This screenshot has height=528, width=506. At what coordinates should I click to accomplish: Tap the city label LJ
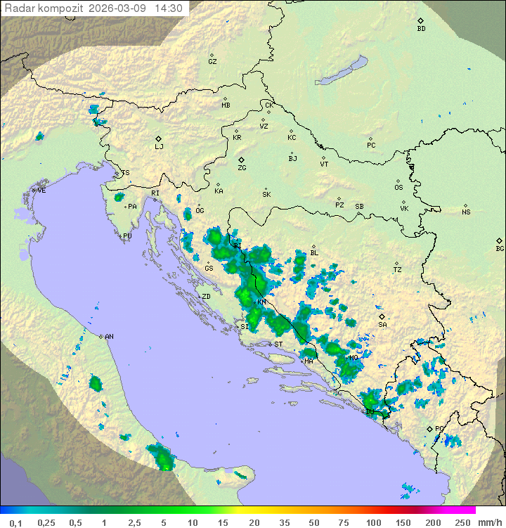tap(159, 147)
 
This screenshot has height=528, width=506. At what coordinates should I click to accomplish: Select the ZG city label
tap(242, 168)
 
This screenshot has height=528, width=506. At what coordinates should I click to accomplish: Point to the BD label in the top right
tap(421, 29)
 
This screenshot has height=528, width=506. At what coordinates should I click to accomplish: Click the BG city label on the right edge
tap(500, 248)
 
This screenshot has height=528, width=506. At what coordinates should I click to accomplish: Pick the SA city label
tap(382, 325)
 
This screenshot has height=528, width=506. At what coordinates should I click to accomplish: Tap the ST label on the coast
tap(278, 345)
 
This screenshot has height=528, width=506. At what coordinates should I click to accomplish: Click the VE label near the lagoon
tap(41, 191)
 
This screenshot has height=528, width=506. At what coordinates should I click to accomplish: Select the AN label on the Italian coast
tap(109, 337)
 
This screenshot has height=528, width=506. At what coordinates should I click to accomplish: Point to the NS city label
tap(466, 212)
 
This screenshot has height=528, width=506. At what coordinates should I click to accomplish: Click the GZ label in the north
tap(212, 62)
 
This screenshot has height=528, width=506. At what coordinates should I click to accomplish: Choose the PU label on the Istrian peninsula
tap(127, 236)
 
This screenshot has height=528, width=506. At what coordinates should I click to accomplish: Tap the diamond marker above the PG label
tap(429, 428)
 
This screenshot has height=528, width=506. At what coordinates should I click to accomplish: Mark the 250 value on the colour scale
tap(462, 522)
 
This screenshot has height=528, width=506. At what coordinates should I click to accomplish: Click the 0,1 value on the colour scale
tap(15, 522)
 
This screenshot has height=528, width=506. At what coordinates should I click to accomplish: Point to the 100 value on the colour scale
tap(373, 522)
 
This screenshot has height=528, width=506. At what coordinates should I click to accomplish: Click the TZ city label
tap(397, 270)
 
